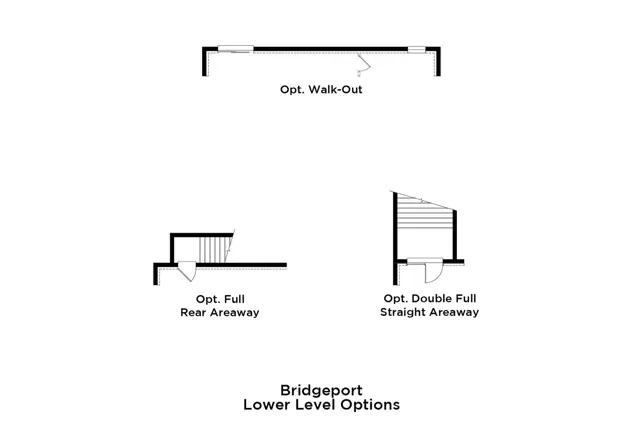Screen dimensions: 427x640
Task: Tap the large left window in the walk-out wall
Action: (236, 46)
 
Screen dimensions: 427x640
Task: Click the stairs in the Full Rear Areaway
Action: (214, 249)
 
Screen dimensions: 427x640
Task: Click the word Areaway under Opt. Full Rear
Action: (234, 312)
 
